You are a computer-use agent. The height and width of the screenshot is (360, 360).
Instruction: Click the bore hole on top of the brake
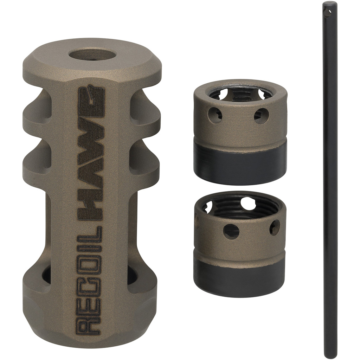[x=92, y=57]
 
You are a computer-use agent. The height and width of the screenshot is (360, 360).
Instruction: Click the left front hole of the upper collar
[x=214, y=115]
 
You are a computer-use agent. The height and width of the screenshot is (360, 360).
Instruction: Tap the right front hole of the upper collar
[x=261, y=116]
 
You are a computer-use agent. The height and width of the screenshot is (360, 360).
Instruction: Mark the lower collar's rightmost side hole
[x=275, y=228]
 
